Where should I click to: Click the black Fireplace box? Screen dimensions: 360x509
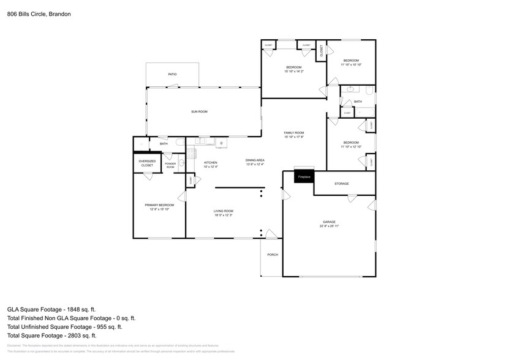click(304, 176)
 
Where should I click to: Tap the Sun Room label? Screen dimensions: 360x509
click(199, 111)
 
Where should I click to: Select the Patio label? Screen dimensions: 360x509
click(173, 75)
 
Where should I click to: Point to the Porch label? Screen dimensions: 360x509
click(273, 255)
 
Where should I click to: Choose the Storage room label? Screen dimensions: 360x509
click(341, 184)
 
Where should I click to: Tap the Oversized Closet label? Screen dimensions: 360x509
click(147, 163)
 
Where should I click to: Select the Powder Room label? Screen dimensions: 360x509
click(170, 165)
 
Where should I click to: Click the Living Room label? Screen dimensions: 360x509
click(223, 212)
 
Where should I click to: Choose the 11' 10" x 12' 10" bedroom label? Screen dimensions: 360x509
click(352, 144)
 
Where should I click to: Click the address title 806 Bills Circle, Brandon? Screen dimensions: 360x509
click(40, 13)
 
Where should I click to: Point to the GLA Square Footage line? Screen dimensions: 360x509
click(51, 309)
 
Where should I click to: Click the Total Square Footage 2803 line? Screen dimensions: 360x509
click(52, 335)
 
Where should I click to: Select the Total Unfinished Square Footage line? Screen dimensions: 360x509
click(69, 326)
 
